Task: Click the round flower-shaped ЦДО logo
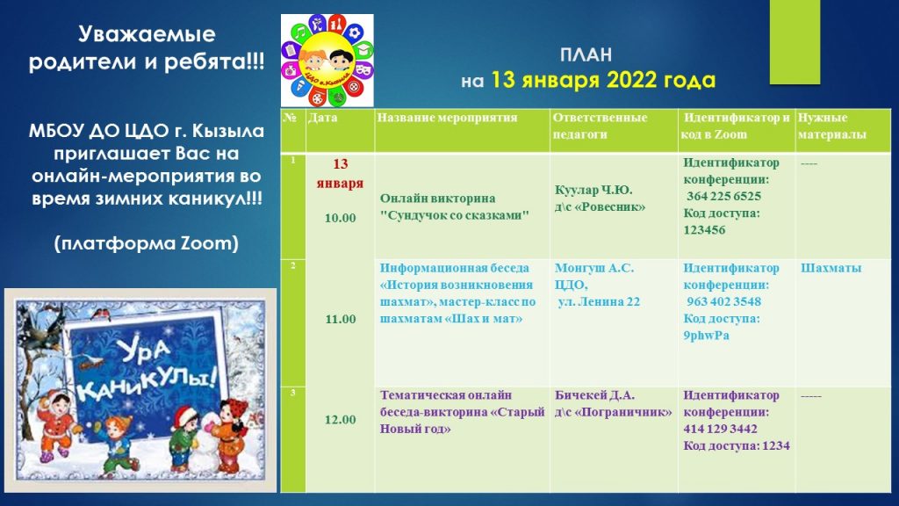327,61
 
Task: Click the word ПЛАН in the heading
586,55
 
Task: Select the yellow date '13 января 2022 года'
603,80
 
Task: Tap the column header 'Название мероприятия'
447,118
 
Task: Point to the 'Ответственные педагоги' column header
600,126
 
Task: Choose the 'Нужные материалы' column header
832,126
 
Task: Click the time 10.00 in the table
340,218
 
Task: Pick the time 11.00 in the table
341,319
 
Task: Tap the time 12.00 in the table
340,419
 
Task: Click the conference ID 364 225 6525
723,196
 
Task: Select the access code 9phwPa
707,336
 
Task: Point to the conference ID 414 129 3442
720,429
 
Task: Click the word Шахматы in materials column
831,268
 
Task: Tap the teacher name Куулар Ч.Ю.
593,190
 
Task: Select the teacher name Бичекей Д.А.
594,395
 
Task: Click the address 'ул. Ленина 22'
599,302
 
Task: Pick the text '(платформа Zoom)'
147,243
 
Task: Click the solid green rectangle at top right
795,42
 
